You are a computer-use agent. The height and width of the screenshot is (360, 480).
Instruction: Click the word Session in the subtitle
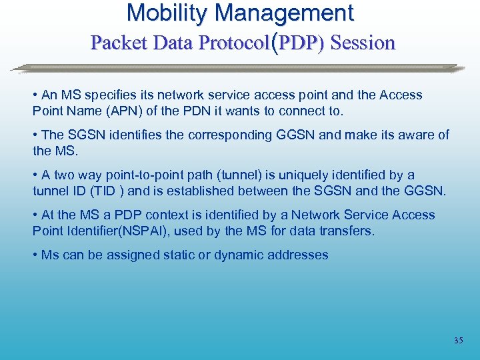point(363,43)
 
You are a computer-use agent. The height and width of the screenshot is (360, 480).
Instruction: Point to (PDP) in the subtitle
point(299,43)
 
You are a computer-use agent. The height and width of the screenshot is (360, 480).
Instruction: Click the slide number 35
point(458,341)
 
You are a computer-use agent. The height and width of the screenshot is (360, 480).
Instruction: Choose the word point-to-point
point(140,175)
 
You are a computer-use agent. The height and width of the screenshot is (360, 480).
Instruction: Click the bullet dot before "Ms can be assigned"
point(35,255)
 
